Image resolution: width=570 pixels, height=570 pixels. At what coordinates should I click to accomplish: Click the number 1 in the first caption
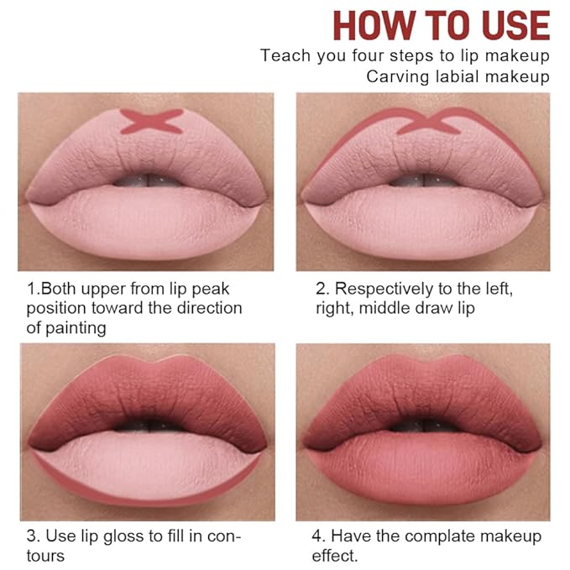(31, 289)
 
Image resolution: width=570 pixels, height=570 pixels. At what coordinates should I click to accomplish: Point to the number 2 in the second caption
(321, 289)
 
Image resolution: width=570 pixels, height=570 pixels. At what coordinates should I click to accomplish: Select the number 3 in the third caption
(31, 536)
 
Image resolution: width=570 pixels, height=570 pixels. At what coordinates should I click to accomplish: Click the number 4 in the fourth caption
(321, 536)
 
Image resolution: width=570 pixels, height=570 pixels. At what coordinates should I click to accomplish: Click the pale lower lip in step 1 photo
(147, 222)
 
